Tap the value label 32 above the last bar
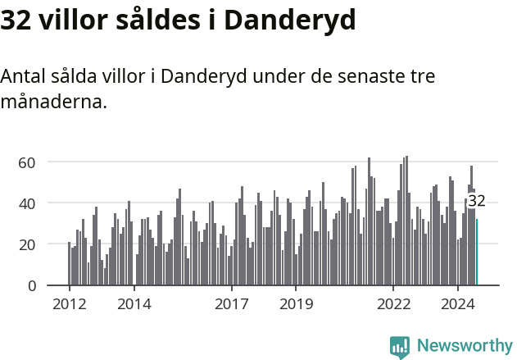pos(477,201)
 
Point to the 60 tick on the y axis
pos(27,162)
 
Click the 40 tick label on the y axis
pos(27,203)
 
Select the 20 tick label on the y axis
pos(27,244)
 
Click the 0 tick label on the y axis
pos(32,285)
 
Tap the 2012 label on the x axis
pos(69,304)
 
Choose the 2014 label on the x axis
pos(134,304)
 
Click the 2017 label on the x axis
pos(231,304)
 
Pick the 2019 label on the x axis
pos(296,304)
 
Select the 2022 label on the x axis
pos(393,304)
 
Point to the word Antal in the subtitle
pos(23,76)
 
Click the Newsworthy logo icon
pos(400,346)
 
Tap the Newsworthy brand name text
pos(464,346)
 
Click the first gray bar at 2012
pos(70,264)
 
